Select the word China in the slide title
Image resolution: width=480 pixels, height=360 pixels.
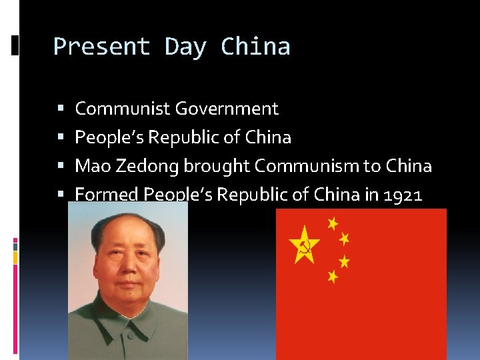point(255,47)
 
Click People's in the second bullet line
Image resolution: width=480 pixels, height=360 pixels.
point(109,137)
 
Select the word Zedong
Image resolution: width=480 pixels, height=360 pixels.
point(145,166)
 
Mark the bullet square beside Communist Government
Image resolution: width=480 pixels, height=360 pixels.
point(61,109)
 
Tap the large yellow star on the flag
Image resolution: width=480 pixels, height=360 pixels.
point(304,245)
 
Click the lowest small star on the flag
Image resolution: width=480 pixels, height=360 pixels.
point(333,275)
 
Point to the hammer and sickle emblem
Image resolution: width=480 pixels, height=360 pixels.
point(305,247)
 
